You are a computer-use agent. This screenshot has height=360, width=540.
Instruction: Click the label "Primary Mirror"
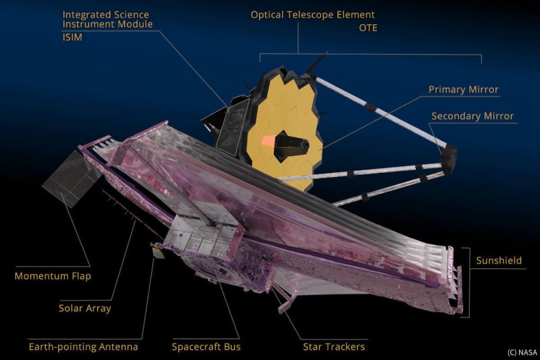click(x=463, y=90)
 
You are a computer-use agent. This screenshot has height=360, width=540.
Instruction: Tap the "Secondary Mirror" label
click(x=473, y=116)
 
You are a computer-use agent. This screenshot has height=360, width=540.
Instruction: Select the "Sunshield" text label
click(x=499, y=261)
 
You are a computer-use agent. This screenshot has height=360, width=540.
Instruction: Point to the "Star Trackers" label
click(x=333, y=346)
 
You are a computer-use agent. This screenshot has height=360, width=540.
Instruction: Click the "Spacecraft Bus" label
click(x=206, y=346)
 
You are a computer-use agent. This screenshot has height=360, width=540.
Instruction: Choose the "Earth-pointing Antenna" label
click(x=83, y=346)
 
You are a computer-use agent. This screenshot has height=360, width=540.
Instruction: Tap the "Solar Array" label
click(x=85, y=308)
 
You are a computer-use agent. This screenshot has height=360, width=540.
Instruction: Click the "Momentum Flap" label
click(x=53, y=276)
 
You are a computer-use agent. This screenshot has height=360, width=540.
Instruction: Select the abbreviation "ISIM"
click(x=72, y=37)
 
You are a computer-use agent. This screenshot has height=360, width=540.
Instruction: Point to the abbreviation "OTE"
click(x=368, y=28)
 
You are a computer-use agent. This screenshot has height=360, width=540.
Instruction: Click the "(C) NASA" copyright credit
click(x=522, y=352)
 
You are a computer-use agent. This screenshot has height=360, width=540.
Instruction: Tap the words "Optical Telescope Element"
click(x=313, y=15)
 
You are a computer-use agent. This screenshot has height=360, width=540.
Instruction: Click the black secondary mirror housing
click(x=449, y=159)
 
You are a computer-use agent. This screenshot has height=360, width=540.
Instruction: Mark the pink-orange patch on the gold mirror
click(x=269, y=140)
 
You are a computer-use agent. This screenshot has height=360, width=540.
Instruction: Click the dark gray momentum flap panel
click(x=72, y=179)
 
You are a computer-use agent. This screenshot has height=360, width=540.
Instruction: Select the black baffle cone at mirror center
click(x=290, y=147)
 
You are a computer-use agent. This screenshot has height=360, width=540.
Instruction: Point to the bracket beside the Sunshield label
click(x=466, y=282)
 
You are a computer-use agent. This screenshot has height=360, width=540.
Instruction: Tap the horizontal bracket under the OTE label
click(x=371, y=55)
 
